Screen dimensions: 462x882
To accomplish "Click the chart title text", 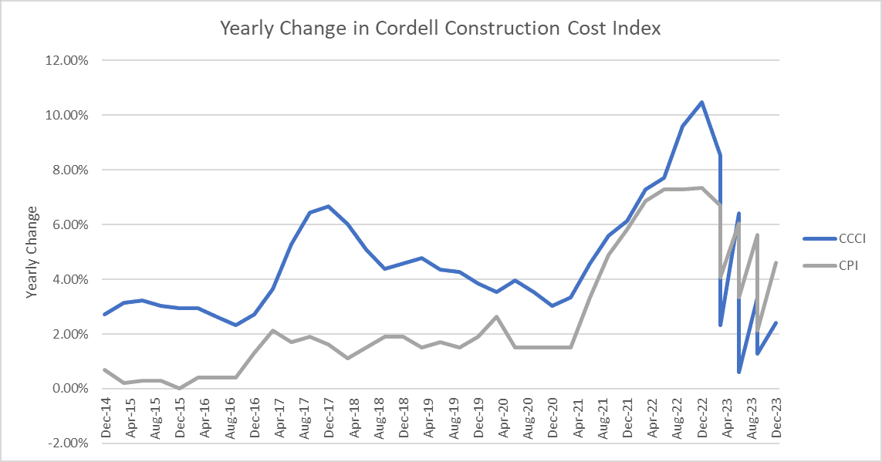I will coord(441,29).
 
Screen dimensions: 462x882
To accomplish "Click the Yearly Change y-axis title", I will coord(32,252).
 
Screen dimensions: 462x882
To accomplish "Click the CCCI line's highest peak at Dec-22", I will coord(701,102).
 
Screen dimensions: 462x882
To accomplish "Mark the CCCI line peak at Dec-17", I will coord(329,207).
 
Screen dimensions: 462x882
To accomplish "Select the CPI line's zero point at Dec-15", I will coord(179,388).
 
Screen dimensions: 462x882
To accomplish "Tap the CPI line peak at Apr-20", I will coord(497,316).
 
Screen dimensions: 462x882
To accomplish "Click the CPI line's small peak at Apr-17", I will coord(272,330).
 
